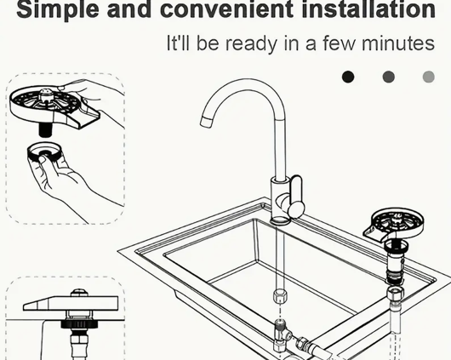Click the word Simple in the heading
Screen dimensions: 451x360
point(58,10)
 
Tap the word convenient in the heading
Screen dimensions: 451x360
point(226,9)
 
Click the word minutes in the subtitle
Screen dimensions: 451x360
point(397,43)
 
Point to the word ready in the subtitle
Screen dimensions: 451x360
point(250,44)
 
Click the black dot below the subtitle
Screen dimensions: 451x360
point(348,77)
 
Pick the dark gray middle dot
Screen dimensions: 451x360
point(389,77)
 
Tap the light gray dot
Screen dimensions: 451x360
point(429,77)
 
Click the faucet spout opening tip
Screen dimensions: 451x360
point(206,122)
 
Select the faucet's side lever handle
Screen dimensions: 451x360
point(296,197)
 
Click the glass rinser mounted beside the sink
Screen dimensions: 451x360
point(393,226)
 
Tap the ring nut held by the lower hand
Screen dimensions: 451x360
point(44,152)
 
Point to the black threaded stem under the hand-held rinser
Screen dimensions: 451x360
point(45,129)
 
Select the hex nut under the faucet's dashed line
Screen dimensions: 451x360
point(279,296)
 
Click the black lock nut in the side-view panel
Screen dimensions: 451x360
point(79,324)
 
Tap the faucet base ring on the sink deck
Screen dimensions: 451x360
point(280,220)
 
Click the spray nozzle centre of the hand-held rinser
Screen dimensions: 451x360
point(45,96)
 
